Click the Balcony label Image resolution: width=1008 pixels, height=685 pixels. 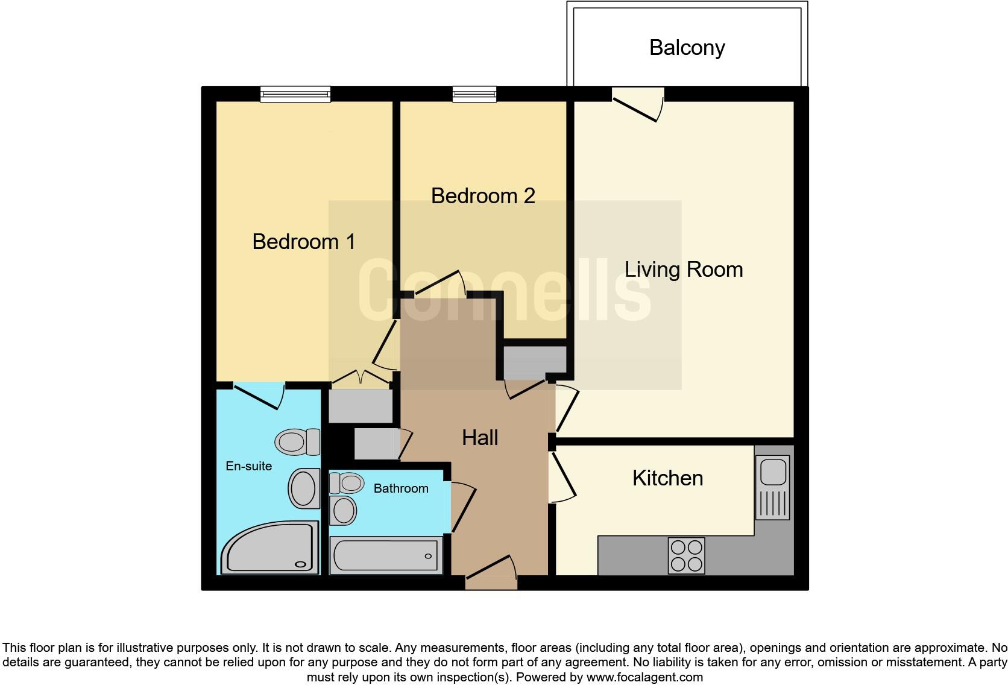pyautogui.click(x=687, y=48)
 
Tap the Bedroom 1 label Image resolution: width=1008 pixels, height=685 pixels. pyautogui.click(x=303, y=242)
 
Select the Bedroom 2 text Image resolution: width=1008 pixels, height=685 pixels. pyautogui.click(x=483, y=196)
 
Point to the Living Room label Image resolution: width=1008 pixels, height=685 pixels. pyautogui.click(x=683, y=270)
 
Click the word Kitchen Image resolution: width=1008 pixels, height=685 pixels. pyautogui.click(x=667, y=478)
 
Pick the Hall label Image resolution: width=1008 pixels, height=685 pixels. pyautogui.click(x=480, y=438)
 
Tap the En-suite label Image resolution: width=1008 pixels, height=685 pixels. pyautogui.click(x=248, y=466)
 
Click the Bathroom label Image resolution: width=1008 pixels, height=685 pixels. pyautogui.click(x=401, y=488)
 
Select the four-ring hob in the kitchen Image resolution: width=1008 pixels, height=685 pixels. pyautogui.click(x=686, y=555)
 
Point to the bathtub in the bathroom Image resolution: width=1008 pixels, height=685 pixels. pyautogui.click(x=385, y=555)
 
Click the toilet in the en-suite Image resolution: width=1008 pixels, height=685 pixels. pyautogui.click(x=298, y=442)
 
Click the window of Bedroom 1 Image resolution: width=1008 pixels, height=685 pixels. pyautogui.click(x=295, y=93)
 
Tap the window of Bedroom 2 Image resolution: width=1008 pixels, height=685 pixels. pyautogui.click(x=474, y=93)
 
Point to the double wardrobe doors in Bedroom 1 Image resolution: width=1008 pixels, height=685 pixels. pyautogui.click(x=361, y=379)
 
